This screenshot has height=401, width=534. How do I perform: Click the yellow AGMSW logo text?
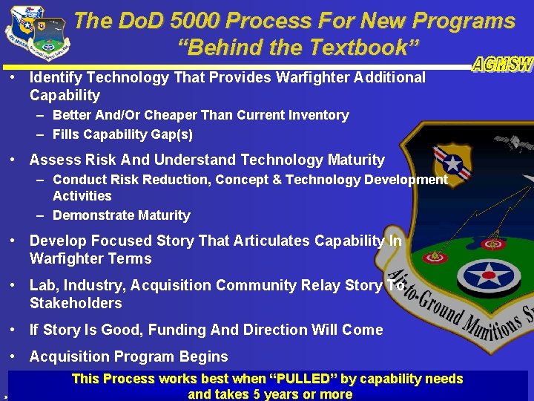point(503,65)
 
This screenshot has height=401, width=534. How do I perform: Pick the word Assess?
point(53,160)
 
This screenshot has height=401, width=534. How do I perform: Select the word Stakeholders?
point(76,303)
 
